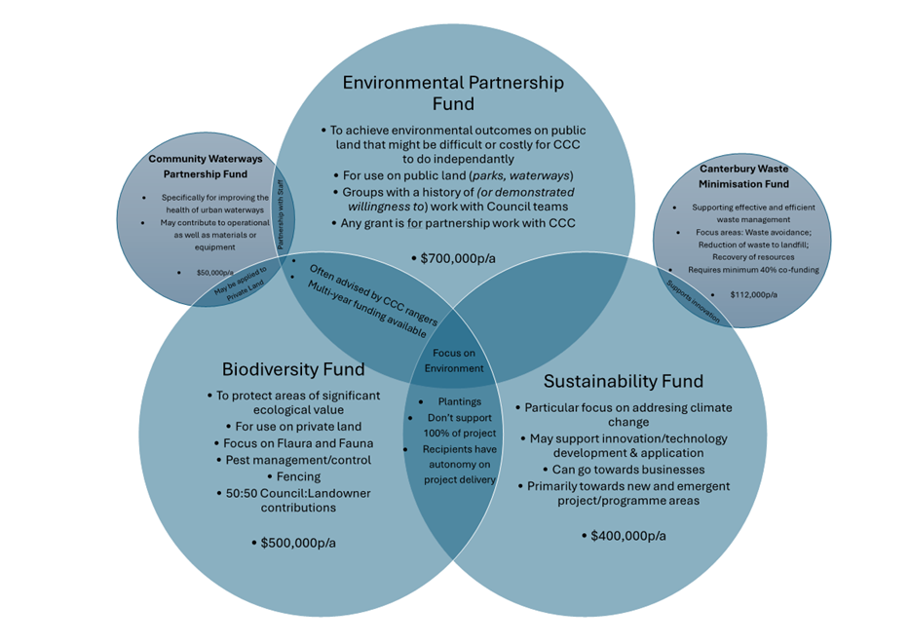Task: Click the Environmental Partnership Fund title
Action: coord(452,93)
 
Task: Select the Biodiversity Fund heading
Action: coord(293,369)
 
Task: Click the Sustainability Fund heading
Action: coord(624,381)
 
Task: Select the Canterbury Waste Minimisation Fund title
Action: coord(744,175)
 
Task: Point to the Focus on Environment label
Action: coord(454,360)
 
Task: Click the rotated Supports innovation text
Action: coord(693,301)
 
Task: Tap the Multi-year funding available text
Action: coord(365,310)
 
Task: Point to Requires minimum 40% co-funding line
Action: coord(753,270)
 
